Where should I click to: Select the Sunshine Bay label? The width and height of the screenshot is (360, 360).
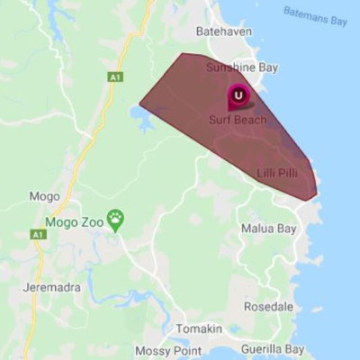(x=242, y=67)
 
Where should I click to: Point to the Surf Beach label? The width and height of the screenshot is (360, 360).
(x=238, y=119)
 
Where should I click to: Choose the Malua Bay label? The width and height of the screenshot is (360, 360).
(x=268, y=229)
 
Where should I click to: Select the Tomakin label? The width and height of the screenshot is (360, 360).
(x=198, y=328)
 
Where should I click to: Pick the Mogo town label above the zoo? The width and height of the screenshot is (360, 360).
(x=44, y=196)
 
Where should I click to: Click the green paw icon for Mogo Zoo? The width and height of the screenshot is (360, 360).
(x=115, y=217)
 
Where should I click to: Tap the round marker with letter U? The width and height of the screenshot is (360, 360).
(x=238, y=94)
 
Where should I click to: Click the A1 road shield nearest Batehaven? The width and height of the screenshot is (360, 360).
(x=114, y=77)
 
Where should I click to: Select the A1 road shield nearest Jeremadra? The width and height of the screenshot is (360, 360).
(x=37, y=234)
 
